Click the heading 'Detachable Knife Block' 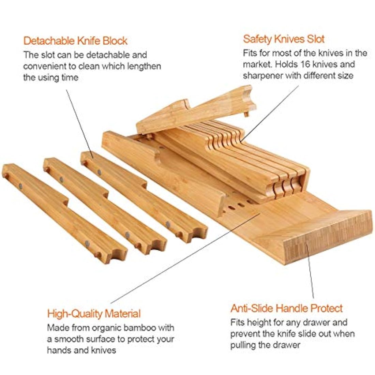[x=75, y=41]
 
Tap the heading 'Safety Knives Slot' [x=284, y=39]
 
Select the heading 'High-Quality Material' [x=94, y=314]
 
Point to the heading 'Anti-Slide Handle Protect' [x=286, y=308]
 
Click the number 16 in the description [x=306, y=64]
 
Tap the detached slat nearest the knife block [x=144, y=197]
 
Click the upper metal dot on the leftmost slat [x=20, y=185]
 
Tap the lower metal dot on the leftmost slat [x=87, y=243]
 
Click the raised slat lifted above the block [x=196, y=110]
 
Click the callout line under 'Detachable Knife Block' [x=80, y=124]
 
